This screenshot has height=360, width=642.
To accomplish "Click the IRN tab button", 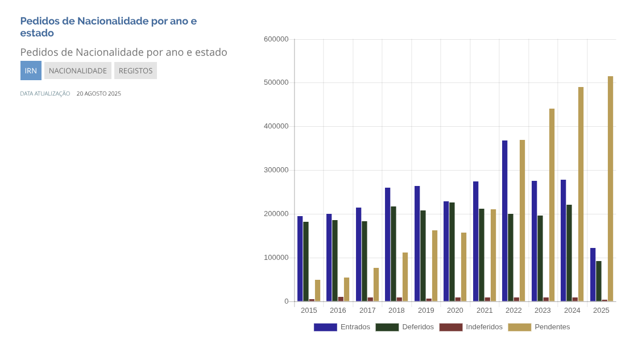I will [x=31, y=71].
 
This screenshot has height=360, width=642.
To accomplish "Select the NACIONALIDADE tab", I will [x=78, y=71].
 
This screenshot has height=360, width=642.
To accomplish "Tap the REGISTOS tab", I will [x=135, y=71].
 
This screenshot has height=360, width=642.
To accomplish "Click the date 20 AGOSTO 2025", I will [x=99, y=94].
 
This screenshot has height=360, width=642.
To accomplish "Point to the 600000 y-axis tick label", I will [x=276, y=39].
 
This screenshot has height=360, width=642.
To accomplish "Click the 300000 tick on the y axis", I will [x=276, y=170].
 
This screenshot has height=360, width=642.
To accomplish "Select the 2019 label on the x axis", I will [x=426, y=311].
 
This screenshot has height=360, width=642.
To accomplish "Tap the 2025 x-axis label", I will [x=601, y=311].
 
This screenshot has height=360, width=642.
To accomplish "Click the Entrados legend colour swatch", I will [x=325, y=327].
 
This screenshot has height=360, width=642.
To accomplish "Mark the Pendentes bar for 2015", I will [x=318, y=291].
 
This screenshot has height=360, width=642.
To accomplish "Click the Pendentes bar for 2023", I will [x=552, y=205].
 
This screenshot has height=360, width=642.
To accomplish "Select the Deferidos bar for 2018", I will [x=394, y=254].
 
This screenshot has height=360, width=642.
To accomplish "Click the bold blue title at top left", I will [x=109, y=27].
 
